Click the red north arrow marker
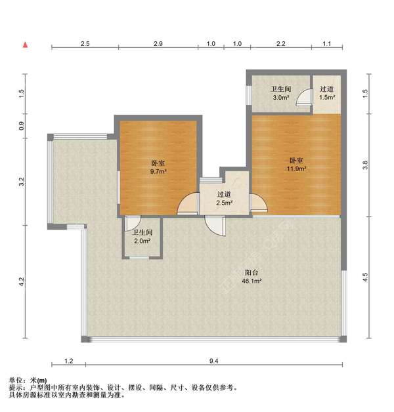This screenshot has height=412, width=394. (x=25, y=45)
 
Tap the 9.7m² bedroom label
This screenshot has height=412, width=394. (x=158, y=168)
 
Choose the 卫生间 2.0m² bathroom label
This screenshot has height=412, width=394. (x=142, y=236)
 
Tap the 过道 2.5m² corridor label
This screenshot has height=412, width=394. (x=224, y=198)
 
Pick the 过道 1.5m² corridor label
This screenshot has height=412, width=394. (x=326, y=93)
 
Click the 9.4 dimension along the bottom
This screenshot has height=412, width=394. (x=213, y=361)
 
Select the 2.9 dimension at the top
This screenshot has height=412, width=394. (x=158, y=43)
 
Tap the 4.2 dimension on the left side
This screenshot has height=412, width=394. (x=22, y=283)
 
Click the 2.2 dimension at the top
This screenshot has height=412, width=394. (x=280, y=43)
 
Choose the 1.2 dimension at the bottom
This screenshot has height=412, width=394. (x=68, y=361)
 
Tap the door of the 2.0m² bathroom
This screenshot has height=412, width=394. (x=131, y=223)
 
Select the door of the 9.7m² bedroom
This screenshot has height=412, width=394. (x=186, y=205)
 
